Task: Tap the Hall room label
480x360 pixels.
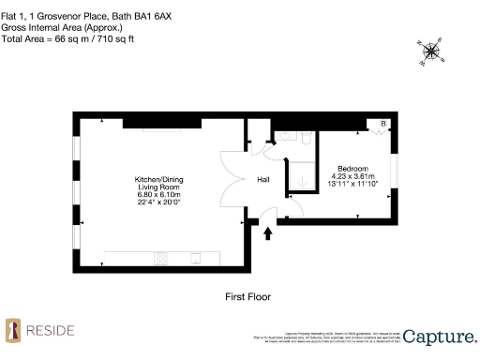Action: pos(263,180)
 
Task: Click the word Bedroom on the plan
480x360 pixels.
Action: pos(352,168)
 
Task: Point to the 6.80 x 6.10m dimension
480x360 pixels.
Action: pos(158,194)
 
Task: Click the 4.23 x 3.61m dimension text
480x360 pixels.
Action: pos(352,176)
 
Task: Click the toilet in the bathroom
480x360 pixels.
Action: pos(306,138)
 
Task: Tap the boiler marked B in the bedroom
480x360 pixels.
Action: pos(382,125)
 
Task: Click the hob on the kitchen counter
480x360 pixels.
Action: pos(160,258)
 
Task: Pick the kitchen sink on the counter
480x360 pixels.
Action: pos(195,258)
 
